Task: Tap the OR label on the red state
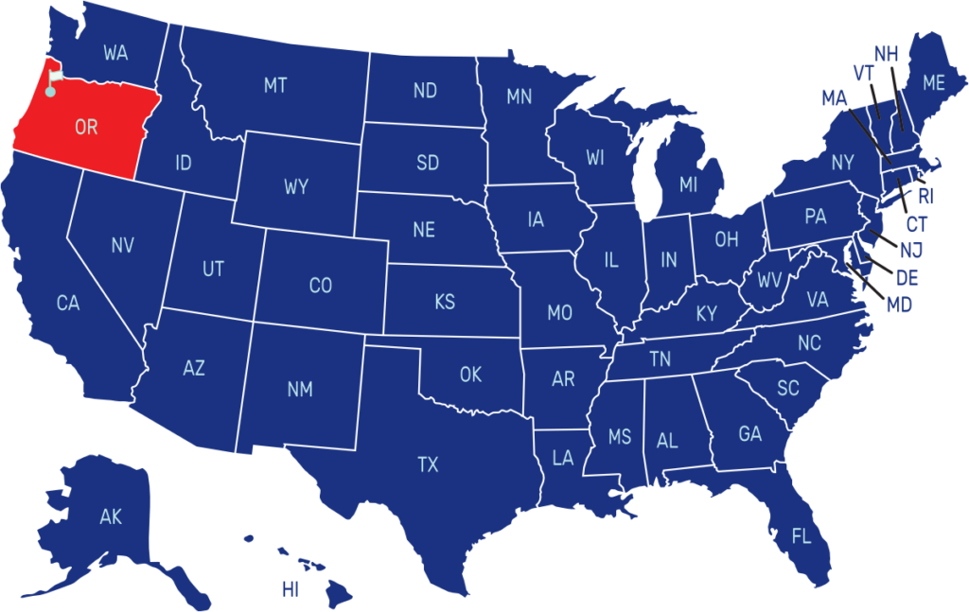click(86, 127)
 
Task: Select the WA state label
click(115, 53)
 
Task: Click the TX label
click(428, 464)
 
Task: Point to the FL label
click(802, 537)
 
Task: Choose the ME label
click(933, 83)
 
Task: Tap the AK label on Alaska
click(111, 516)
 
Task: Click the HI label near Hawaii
click(290, 590)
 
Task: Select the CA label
click(68, 304)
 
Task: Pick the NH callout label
click(886, 54)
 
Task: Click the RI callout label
click(925, 197)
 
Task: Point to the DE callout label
click(907, 279)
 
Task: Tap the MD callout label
click(899, 306)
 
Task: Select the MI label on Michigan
click(688, 184)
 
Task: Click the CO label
click(321, 286)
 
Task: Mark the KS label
click(445, 303)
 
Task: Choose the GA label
click(749, 434)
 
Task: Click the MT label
click(275, 86)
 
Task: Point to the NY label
click(842, 163)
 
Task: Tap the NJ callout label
click(911, 251)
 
